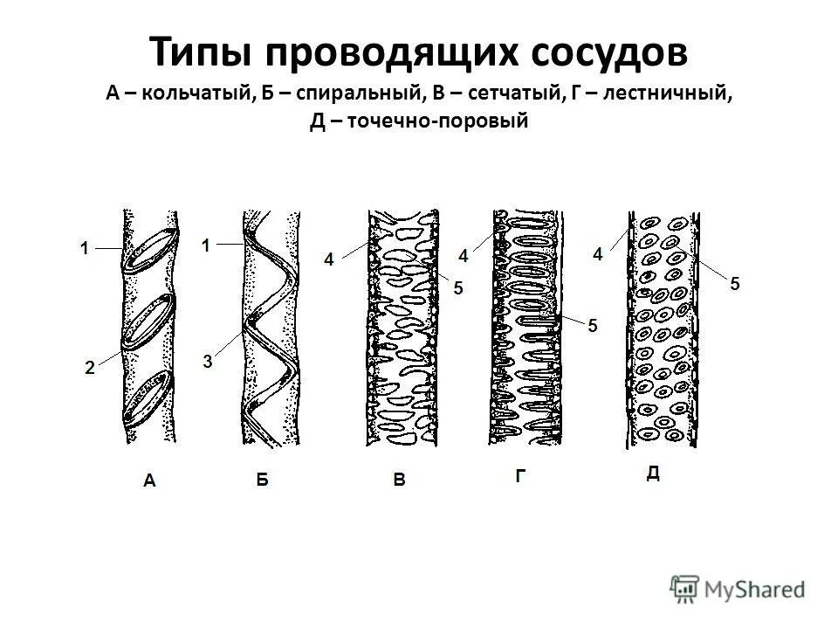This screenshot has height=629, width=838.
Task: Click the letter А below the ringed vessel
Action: pos(150,479)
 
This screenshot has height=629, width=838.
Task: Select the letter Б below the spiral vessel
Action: pos(263,479)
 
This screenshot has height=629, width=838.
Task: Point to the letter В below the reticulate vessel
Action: pos(399,479)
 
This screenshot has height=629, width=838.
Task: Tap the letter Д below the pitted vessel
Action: pos(653,473)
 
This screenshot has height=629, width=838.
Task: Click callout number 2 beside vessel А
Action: pos(90,369)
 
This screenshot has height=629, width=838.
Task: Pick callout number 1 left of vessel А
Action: pos(85,249)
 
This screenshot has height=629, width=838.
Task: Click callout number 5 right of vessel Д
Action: pos(735,283)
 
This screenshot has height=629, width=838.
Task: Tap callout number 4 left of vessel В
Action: pos(329,259)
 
